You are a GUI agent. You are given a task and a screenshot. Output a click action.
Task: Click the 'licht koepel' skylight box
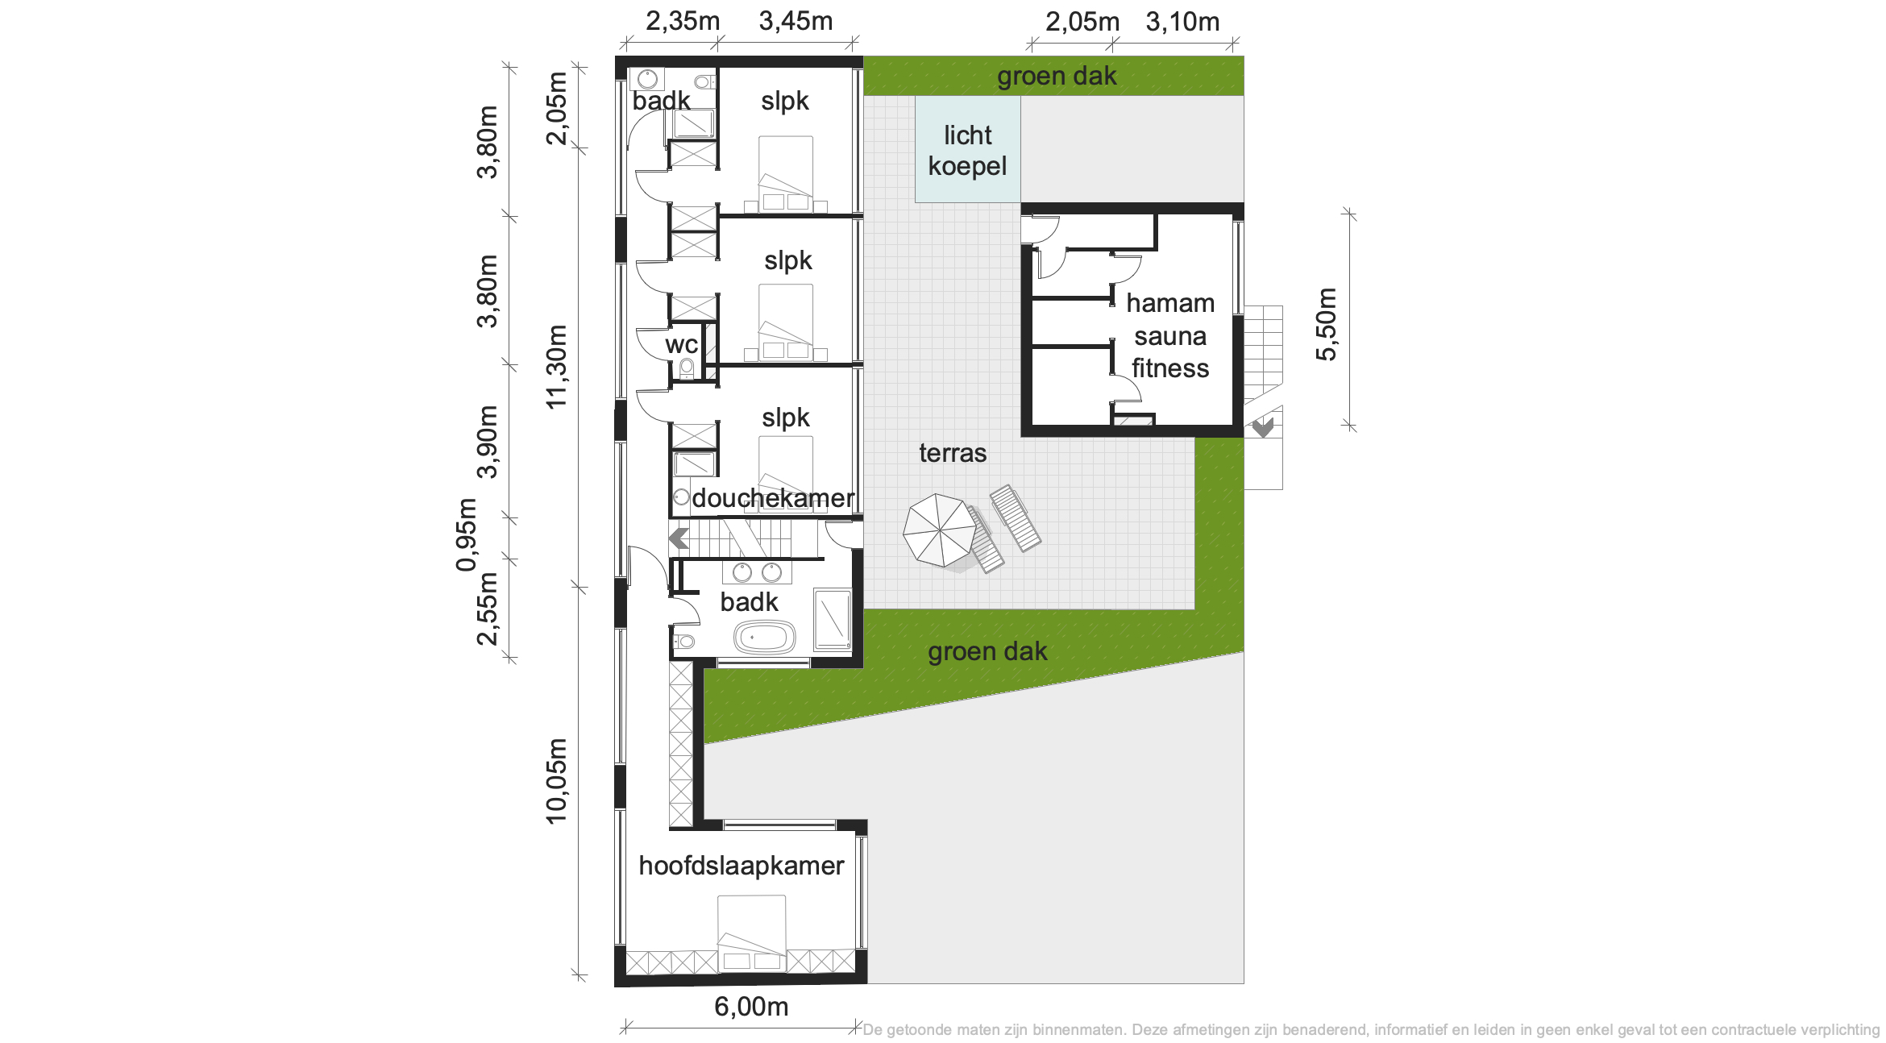click(967, 149)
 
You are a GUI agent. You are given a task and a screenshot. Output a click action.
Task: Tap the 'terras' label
click(953, 453)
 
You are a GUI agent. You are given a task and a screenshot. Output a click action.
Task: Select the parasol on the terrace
click(939, 530)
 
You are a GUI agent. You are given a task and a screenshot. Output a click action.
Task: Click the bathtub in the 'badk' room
click(764, 638)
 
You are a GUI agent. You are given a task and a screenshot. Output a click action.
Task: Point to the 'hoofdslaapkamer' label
click(741, 865)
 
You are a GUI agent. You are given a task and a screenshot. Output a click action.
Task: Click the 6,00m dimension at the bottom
click(751, 1006)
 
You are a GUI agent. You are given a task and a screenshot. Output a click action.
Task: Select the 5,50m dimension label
click(1326, 324)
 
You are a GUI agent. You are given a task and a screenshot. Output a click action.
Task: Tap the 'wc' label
click(681, 345)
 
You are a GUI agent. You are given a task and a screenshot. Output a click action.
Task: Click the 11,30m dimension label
click(556, 367)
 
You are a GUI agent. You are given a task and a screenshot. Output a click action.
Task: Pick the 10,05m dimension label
click(556, 781)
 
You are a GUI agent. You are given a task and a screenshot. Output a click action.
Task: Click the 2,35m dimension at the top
click(683, 21)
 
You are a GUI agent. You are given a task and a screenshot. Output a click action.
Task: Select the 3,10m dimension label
click(1182, 22)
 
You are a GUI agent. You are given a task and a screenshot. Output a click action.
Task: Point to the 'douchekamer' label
click(772, 498)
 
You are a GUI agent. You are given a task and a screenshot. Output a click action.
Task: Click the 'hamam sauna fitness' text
click(1170, 335)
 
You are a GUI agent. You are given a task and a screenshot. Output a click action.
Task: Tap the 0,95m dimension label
click(466, 535)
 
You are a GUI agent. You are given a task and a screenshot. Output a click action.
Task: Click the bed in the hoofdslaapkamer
click(751, 933)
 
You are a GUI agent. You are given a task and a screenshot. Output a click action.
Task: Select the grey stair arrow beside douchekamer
click(679, 538)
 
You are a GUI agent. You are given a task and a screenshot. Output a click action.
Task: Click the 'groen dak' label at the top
click(1057, 76)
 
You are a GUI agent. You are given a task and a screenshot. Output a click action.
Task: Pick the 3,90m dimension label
click(487, 442)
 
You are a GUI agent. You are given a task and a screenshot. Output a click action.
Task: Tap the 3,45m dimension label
click(796, 21)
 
